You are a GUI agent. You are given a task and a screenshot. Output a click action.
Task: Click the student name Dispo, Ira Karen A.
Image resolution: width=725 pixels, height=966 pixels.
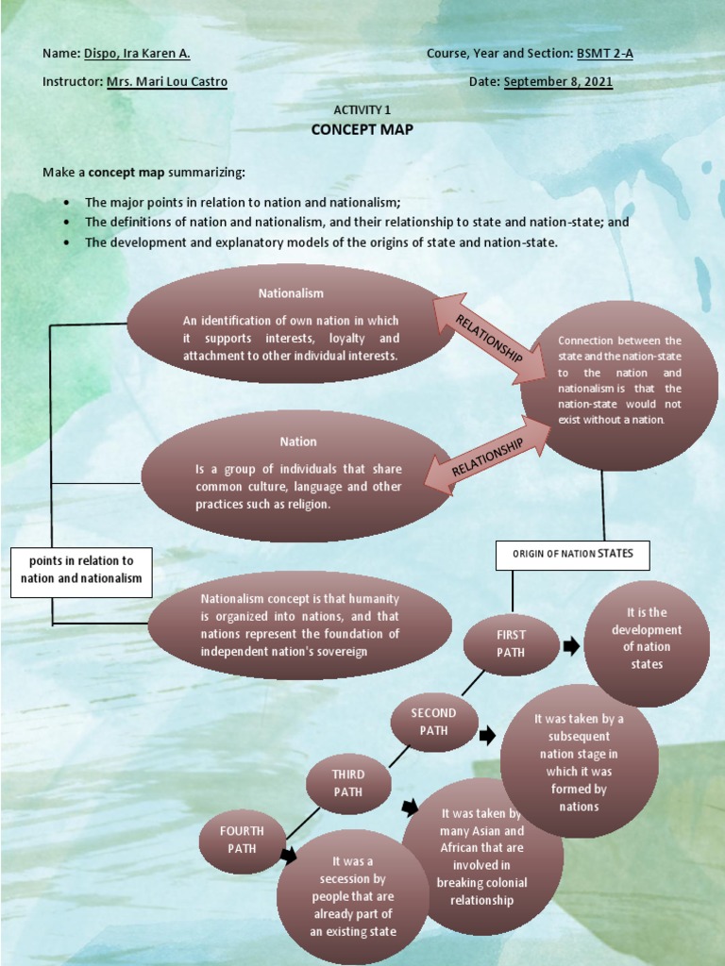click(137, 54)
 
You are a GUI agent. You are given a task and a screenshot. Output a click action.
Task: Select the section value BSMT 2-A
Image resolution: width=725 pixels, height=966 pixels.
click(604, 54)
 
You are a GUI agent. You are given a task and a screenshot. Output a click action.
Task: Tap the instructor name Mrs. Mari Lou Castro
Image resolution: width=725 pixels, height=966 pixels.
click(166, 82)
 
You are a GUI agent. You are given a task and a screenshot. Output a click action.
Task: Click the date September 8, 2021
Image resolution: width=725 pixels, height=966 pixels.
click(558, 82)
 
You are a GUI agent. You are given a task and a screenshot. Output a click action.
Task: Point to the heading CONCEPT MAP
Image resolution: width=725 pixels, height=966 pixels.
click(362, 129)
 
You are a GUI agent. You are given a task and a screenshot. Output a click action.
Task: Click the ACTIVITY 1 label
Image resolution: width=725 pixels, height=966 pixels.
click(362, 110)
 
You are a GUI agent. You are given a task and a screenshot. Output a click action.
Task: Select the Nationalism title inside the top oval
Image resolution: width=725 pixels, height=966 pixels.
click(291, 293)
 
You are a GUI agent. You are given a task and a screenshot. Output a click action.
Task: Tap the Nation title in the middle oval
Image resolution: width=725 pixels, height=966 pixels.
click(297, 441)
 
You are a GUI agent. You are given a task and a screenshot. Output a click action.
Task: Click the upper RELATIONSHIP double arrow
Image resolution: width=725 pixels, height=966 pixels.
click(489, 339)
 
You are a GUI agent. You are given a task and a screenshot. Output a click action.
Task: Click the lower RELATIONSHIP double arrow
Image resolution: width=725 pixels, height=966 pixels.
click(487, 457)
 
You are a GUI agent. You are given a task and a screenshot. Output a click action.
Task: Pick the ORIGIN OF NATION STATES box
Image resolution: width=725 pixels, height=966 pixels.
click(573, 555)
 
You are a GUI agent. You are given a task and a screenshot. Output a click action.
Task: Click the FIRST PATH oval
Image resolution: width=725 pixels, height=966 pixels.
click(511, 645)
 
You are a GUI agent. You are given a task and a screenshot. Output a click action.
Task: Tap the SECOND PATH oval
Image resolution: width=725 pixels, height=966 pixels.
click(433, 722)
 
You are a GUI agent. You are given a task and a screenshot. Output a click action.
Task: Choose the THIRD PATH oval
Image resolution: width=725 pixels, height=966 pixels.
click(348, 783)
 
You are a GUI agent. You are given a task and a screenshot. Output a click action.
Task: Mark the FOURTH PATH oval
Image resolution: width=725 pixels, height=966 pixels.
click(242, 840)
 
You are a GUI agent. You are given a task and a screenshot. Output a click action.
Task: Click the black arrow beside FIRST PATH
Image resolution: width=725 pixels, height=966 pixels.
click(571, 646)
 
